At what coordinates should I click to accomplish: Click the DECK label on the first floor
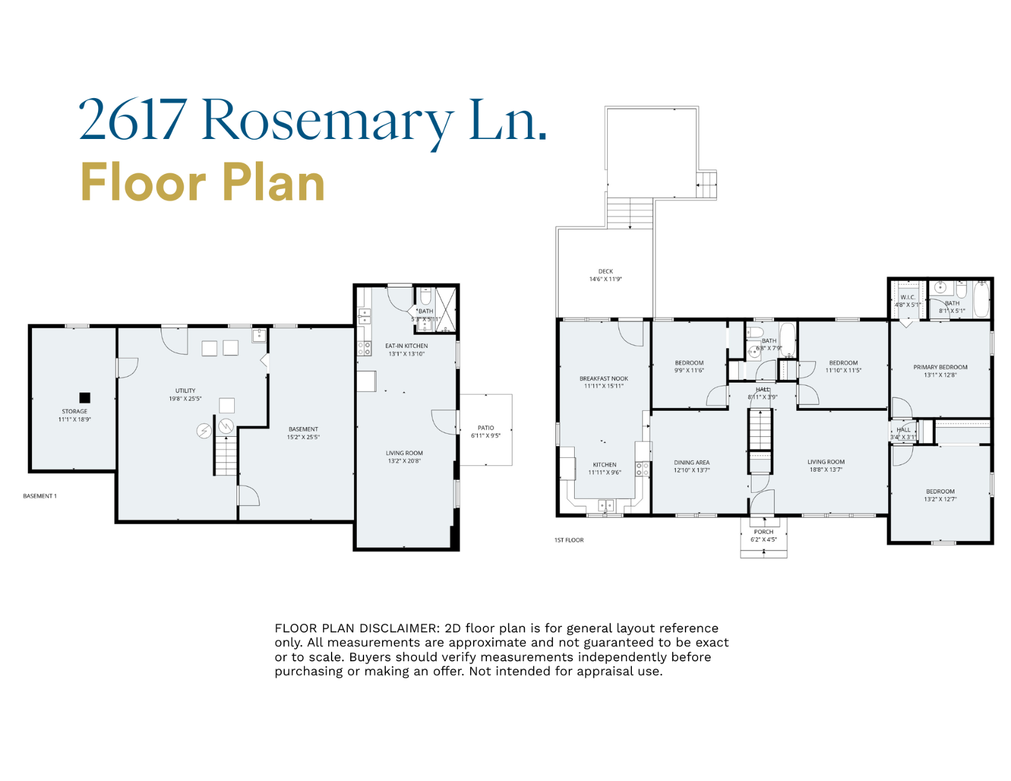click(605, 271)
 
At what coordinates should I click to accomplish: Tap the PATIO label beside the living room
click(486, 428)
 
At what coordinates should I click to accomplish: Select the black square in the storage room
click(85, 397)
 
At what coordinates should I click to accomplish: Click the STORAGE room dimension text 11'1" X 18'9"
click(75, 419)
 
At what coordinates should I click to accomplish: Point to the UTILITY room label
click(185, 390)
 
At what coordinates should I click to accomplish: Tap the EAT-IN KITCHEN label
click(406, 346)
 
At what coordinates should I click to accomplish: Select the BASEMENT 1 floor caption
click(40, 496)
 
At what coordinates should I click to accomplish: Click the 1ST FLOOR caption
click(569, 540)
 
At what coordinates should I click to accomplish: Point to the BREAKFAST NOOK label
click(604, 378)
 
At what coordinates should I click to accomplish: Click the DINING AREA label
click(691, 463)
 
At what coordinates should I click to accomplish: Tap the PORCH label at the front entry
click(764, 532)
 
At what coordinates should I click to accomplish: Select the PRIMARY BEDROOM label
click(940, 367)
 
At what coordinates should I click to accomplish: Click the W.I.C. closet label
click(907, 297)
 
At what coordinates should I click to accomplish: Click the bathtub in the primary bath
click(982, 299)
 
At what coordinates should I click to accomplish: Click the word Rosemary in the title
click(328, 120)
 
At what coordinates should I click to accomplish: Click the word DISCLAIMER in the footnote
click(399, 628)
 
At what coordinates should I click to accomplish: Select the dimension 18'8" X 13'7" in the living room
click(826, 470)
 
